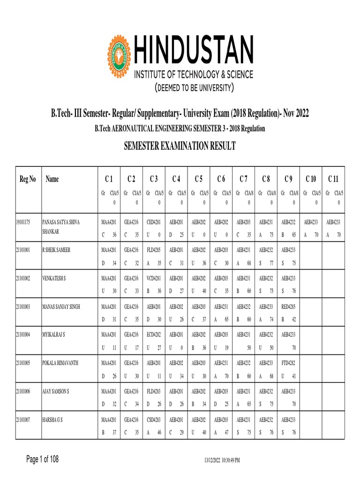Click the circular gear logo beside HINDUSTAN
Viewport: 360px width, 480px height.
pos(120,52)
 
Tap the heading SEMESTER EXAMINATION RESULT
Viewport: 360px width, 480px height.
pos(180,147)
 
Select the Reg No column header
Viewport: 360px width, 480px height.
pos(27,179)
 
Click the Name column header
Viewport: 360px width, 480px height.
pos(52,179)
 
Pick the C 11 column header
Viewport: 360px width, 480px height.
pos(333,179)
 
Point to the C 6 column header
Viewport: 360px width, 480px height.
pos(221,179)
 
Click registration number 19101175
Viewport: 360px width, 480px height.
pos(23,222)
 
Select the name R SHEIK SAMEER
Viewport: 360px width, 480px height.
pos(56,250)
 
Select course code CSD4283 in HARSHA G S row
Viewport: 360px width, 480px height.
pos(154,420)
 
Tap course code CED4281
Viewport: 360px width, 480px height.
pos(154,222)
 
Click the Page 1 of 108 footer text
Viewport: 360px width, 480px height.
pos(42,458)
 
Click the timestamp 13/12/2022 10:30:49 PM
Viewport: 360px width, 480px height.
pos(222,460)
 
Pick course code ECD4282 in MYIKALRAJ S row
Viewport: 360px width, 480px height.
pos(154,335)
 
